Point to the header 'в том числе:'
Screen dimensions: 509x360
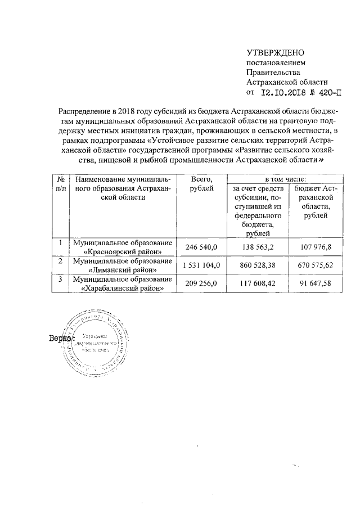tap(284, 178)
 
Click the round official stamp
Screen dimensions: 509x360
tap(97, 343)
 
